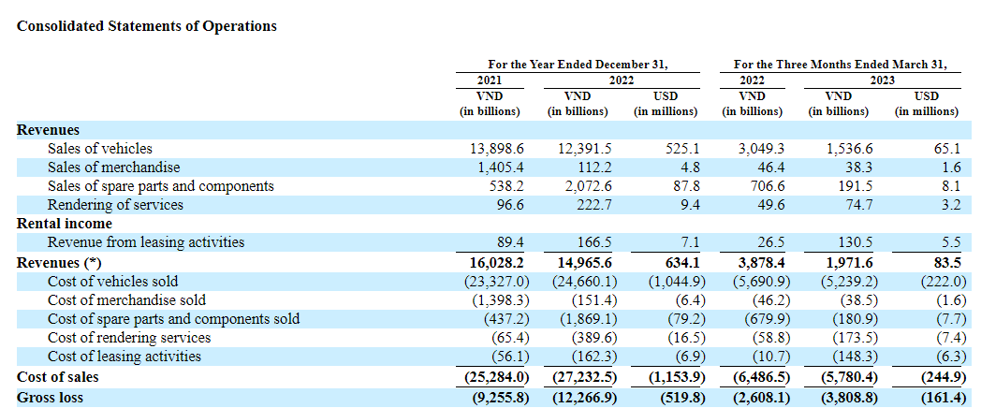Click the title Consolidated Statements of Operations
[147, 26]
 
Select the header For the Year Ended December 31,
[578, 65]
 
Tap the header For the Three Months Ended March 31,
[840, 65]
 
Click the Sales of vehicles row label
[99, 149]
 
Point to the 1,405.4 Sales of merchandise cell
[498, 168]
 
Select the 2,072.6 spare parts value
[584, 186]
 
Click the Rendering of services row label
[115, 205]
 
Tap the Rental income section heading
[64, 224]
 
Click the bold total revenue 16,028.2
[495, 262]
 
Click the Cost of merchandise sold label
[126, 300]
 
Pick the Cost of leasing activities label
[124, 357]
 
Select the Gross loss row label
[50, 398]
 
